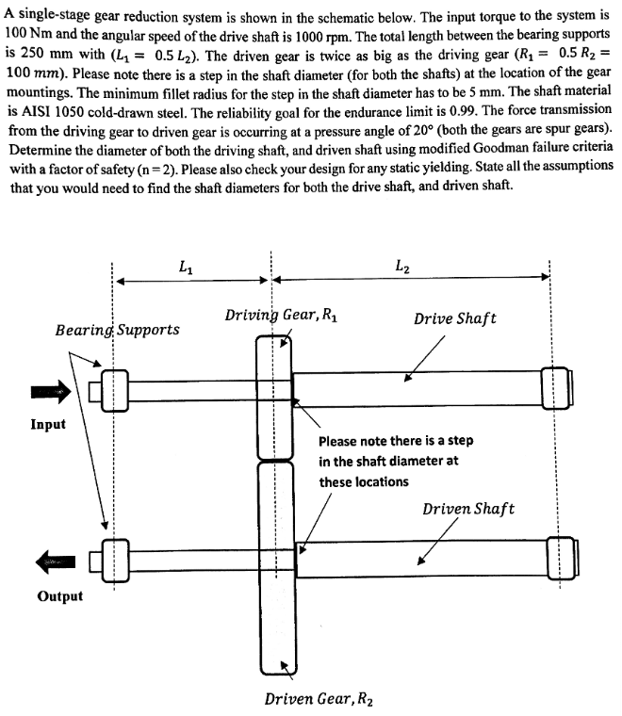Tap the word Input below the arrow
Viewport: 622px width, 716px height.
[48, 424]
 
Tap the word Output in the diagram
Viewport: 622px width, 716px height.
[59, 596]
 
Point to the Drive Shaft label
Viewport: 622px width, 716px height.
[455, 318]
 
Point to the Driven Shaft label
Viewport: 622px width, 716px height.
[468, 509]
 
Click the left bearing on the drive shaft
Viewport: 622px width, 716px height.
[113, 390]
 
